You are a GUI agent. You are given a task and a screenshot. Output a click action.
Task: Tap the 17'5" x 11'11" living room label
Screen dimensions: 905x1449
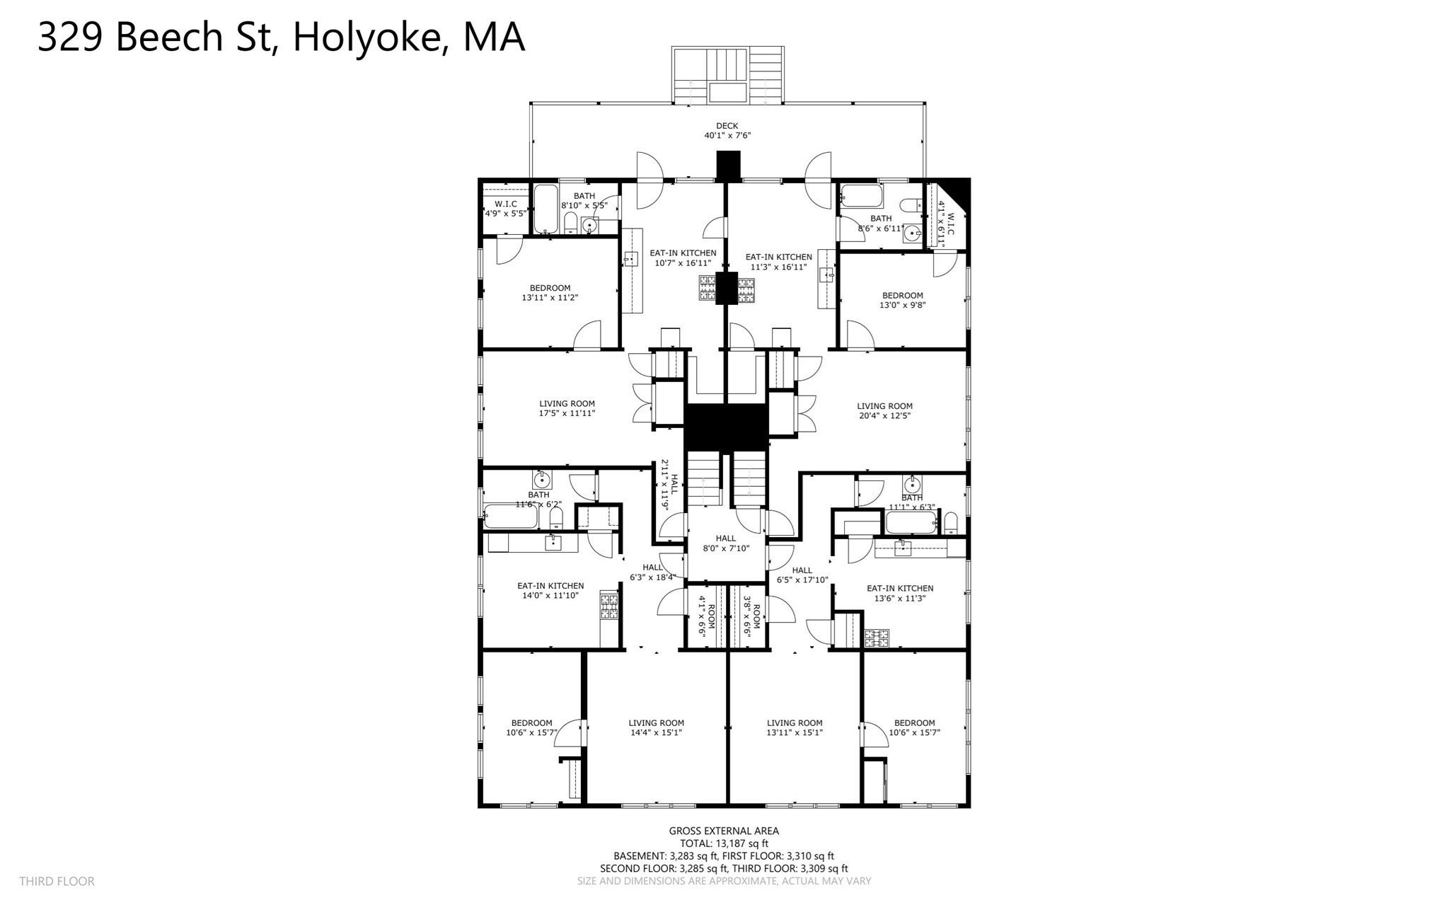coord(567,408)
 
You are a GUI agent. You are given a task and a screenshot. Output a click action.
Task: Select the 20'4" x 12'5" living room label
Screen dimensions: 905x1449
coord(884,411)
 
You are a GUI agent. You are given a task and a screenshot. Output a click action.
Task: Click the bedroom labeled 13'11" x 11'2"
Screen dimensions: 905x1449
coord(550,293)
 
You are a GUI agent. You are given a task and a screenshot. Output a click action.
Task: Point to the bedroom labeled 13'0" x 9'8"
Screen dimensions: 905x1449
coord(902,300)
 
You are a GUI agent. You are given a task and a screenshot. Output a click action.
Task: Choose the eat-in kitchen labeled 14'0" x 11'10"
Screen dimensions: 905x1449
coord(550,591)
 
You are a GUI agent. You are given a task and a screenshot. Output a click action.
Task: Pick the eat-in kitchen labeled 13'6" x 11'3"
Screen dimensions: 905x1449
coord(900,593)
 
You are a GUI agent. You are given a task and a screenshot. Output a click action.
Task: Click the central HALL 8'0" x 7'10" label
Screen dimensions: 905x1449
coord(725,543)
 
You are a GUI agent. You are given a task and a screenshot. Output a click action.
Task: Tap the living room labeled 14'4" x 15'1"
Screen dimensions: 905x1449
coord(656,727)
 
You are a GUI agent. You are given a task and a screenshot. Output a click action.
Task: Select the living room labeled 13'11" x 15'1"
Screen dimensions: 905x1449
coord(795,727)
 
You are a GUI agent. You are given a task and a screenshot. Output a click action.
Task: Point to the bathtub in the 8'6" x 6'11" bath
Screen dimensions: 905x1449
coord(860,195)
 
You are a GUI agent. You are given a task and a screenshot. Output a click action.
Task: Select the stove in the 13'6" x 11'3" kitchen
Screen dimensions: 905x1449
coord(877,638)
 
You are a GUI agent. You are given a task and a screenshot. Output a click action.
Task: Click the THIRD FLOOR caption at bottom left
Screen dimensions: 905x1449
coord(57,881)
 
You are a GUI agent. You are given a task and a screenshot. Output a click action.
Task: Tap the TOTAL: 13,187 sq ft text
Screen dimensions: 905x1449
coord(724,843)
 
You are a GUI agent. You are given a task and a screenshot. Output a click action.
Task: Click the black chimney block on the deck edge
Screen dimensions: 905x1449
coord(727,166)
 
